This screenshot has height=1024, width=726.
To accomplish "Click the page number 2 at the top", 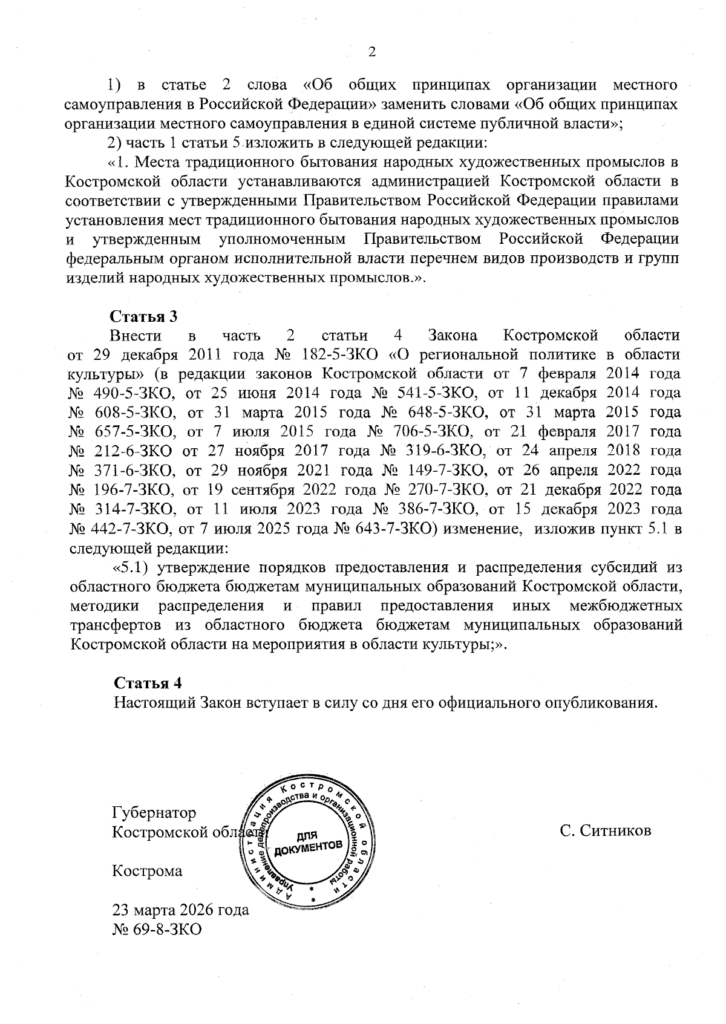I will click(x=371, y=52).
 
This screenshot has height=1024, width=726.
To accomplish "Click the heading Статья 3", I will click(x=143, y=316).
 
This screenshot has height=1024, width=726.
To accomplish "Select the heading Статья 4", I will click(x=148, y=683).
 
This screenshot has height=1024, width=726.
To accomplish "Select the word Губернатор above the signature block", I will click(x=154, y=812).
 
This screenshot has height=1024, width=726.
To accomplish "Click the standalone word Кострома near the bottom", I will click(x=148, y=871).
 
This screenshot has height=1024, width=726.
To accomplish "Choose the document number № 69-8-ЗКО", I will click(x=157, y=928).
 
